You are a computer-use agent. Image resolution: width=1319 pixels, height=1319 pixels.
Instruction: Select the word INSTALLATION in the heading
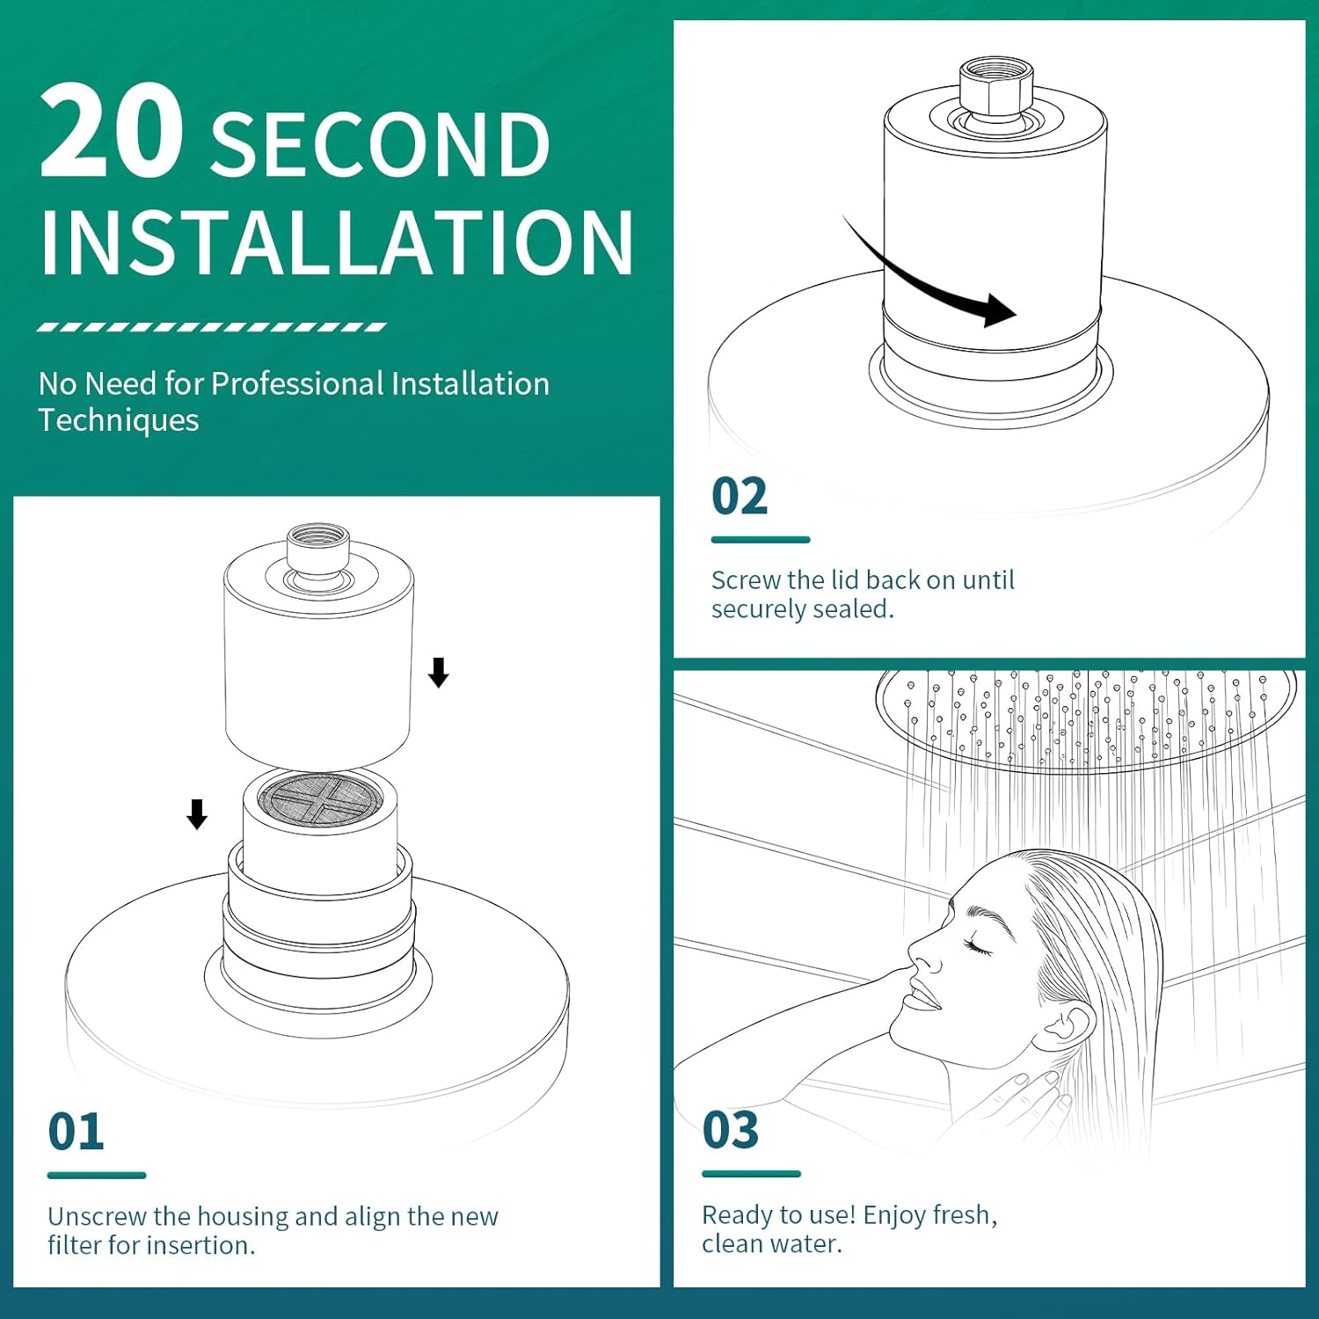point(336,243)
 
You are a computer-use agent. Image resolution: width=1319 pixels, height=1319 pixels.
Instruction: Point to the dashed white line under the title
point(211,327)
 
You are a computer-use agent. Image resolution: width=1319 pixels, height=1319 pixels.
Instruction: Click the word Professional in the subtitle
point(297,384)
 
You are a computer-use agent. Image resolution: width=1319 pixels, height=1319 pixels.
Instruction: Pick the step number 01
point(76,1132)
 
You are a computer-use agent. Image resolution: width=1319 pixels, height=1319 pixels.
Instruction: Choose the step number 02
point(740,497)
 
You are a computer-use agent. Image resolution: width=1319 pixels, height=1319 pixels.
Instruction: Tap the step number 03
point(730,1130)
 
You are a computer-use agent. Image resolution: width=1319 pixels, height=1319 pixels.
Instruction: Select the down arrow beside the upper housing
point(438,673)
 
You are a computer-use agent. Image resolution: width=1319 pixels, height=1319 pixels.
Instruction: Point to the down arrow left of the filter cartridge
point(197,814)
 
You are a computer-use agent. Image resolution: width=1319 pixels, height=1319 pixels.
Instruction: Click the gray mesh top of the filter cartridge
point(320,798)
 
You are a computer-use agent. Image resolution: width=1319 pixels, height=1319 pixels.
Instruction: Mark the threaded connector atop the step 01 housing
point(318,550)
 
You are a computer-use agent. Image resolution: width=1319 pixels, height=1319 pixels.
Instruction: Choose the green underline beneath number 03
point(751,1174)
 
